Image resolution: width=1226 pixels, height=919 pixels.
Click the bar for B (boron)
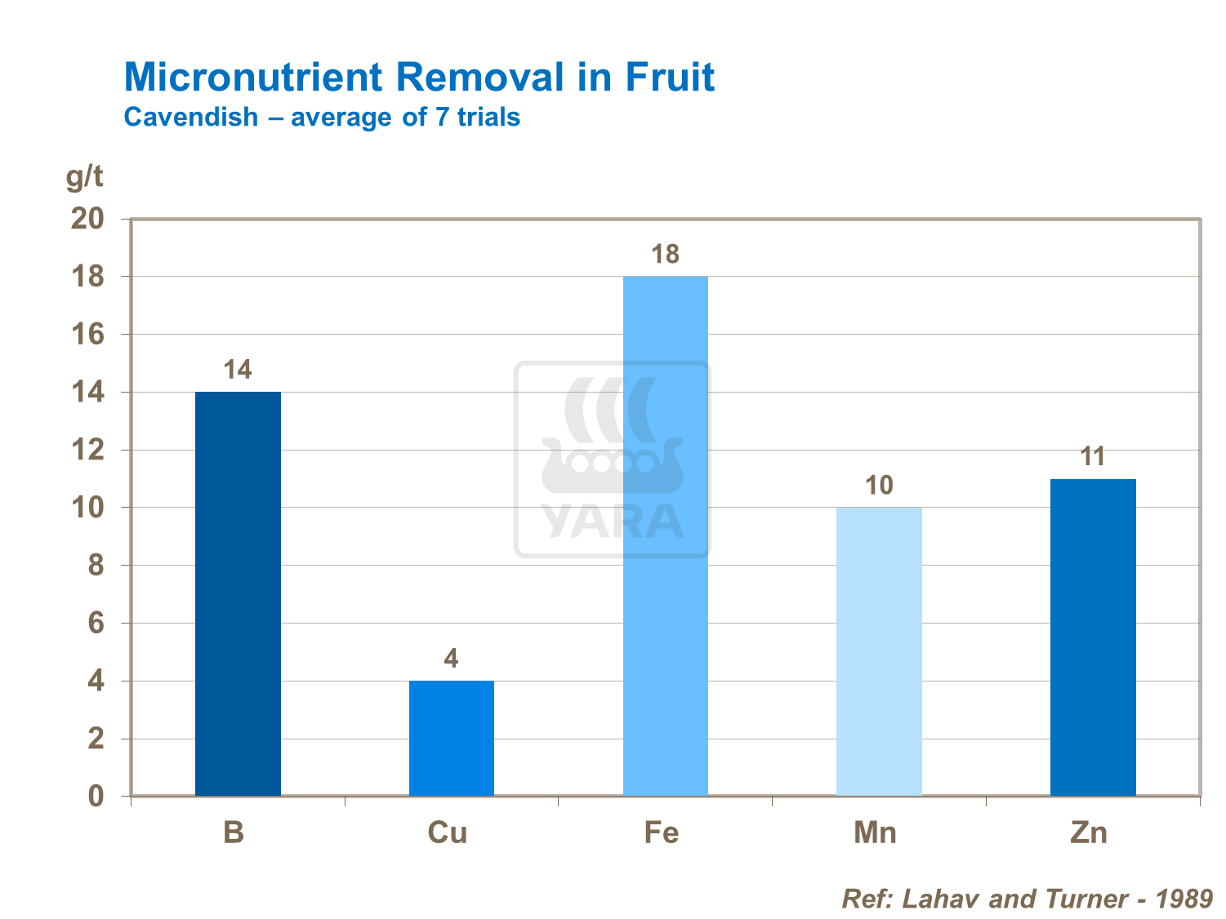(x=238, y=593)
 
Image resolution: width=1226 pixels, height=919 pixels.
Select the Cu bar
(x=451, y=738)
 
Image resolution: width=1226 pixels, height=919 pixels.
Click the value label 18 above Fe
(x=665, y=255)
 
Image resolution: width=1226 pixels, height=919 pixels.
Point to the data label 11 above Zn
(x=1093, y=457)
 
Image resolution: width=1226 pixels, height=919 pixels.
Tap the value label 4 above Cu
(x=451, y=659)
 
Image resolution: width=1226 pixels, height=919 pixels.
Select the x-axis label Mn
(x=875, y=832)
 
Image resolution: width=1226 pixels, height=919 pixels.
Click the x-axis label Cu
(x=448, y=832)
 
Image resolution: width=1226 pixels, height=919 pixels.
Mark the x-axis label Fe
(x=661, y=832)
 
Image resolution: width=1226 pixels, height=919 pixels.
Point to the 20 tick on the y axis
(x=88, y=219)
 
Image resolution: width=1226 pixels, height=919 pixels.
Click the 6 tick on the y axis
(x=96, y=624)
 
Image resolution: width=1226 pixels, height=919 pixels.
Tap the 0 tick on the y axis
(x=96, y=797)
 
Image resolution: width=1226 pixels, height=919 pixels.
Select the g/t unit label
(x=85, y=176)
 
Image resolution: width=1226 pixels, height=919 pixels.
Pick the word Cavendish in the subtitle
(x=191, y=117)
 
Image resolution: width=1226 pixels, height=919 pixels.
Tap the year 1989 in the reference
(x=1184, y=899)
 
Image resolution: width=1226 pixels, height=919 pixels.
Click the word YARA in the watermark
(x=613, y=522)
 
